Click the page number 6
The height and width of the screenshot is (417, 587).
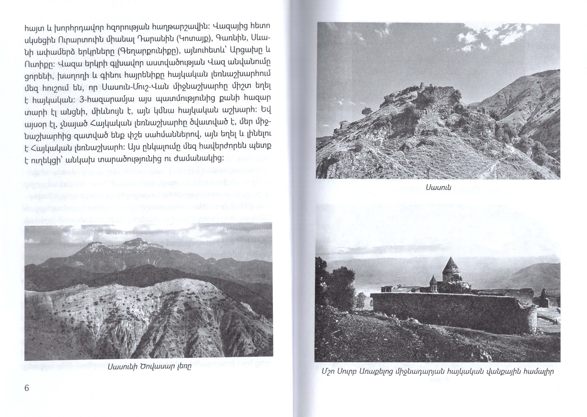[x=27, y=388]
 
